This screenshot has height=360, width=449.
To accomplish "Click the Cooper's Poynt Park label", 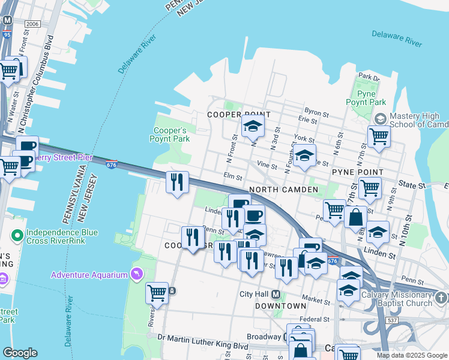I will point(171,134).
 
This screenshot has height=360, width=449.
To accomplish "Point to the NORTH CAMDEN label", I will point(283,190).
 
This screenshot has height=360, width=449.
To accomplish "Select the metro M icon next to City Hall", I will point(276,294).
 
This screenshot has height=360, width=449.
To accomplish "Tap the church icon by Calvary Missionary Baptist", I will point(441,298).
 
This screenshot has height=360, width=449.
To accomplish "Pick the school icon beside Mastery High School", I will point(379,119).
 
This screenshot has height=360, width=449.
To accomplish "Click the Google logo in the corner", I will point(20,353).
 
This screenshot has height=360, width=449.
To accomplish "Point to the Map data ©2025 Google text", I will point(412,355).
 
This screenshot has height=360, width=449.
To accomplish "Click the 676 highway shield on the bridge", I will point(111,164).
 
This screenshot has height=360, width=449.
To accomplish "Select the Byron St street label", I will point(316,112).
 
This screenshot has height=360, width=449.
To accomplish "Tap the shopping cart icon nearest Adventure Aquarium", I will point(157,292).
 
